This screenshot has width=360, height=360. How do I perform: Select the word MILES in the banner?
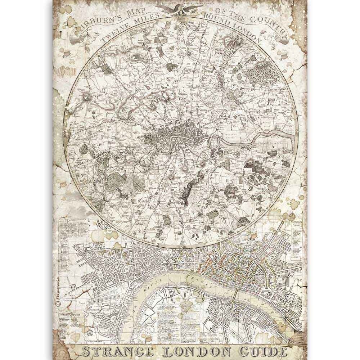click(x=146, y=22)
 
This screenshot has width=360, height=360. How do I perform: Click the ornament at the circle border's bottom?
click(x=180, y=247)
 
